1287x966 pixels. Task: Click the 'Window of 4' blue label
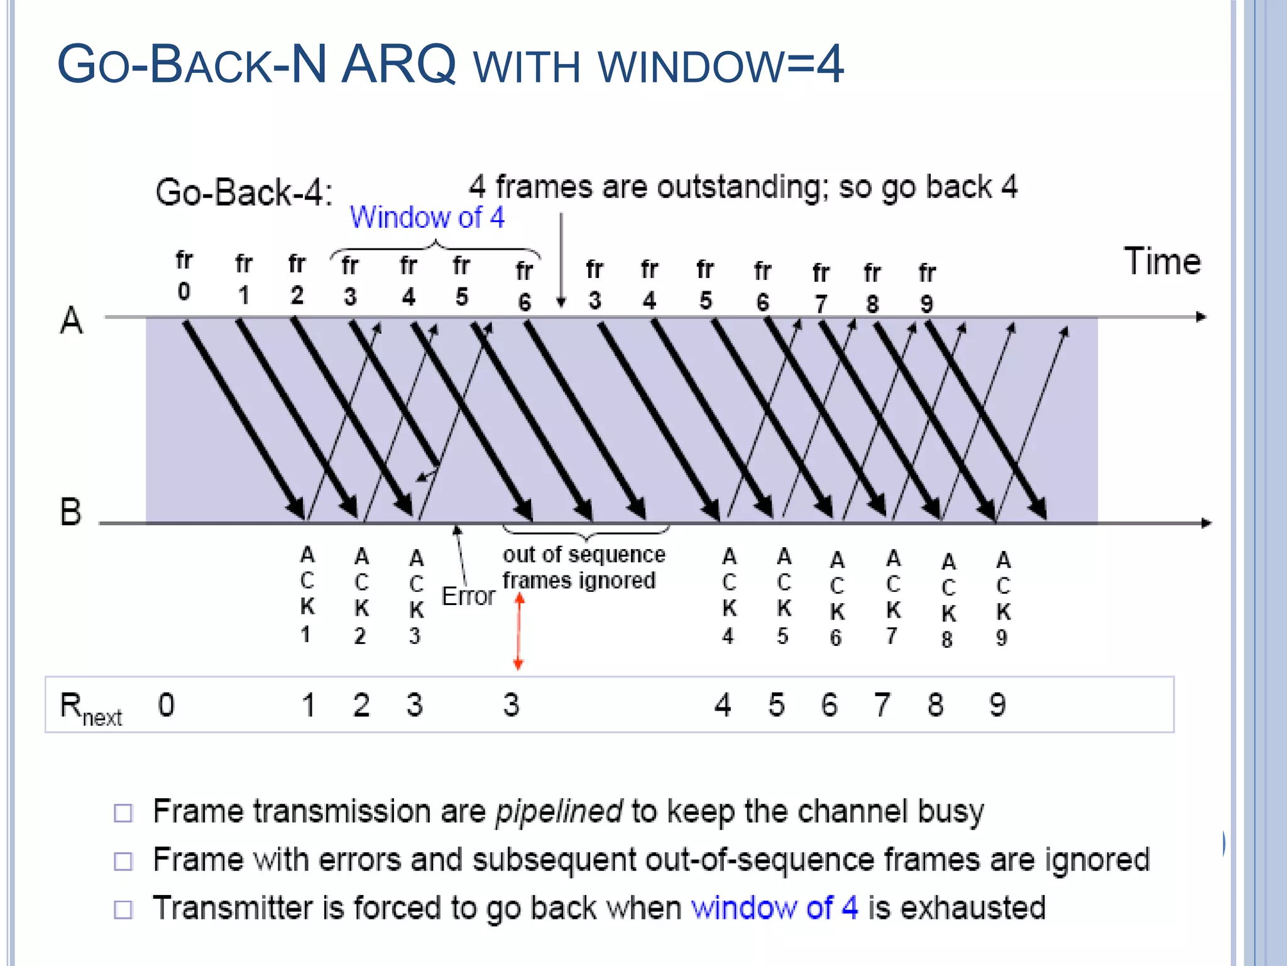coord(427,218)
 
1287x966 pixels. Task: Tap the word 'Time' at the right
coord(1162,262)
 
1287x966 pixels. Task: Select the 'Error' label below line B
coord(468,596)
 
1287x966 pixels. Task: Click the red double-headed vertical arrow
coord(519,631)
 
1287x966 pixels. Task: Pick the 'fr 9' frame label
coord(927,288)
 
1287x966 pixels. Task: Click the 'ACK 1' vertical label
coord(307,594)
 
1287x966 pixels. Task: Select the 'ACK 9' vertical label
coord(1003,598)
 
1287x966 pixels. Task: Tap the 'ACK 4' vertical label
coord(728,596)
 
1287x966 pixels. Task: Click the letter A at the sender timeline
coord(71,320)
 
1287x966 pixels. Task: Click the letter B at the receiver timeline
coord(70,511)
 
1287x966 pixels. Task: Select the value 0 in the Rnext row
coord(166,705)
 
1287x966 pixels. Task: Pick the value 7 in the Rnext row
coord(882,705)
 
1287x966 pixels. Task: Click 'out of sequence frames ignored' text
coord(583,567)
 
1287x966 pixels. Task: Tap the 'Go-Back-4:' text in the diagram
coord(244,192)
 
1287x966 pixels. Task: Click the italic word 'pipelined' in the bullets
coord(559,811)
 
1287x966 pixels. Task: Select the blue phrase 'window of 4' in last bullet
coord(774,908)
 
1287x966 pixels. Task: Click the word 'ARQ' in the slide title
coord(398,64)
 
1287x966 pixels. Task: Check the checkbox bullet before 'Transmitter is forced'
coord(123,909)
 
